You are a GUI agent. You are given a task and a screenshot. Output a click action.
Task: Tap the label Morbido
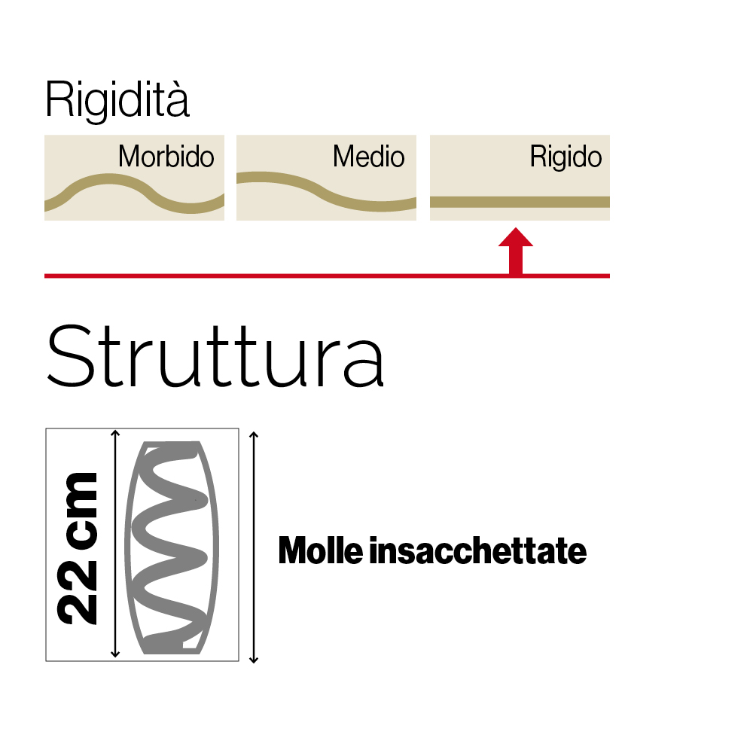[166, 157]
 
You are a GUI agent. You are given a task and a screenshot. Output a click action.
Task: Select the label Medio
[369, 157]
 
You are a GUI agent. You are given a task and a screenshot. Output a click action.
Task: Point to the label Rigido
[566, 157]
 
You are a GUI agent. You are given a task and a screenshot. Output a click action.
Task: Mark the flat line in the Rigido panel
[520, 201]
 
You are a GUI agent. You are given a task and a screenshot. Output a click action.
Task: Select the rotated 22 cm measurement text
[79, 547]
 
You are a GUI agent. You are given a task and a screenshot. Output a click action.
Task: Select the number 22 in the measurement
[79, 593]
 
